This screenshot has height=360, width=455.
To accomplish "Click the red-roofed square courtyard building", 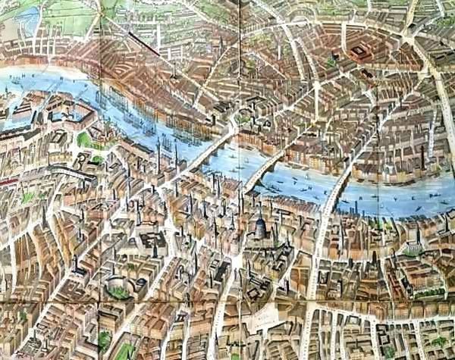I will (357, 53).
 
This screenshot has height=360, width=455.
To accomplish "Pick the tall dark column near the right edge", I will (422, 158).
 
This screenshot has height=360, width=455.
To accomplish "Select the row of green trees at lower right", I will (429, 293).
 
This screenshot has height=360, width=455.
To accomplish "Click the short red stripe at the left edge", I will (6, 182).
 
